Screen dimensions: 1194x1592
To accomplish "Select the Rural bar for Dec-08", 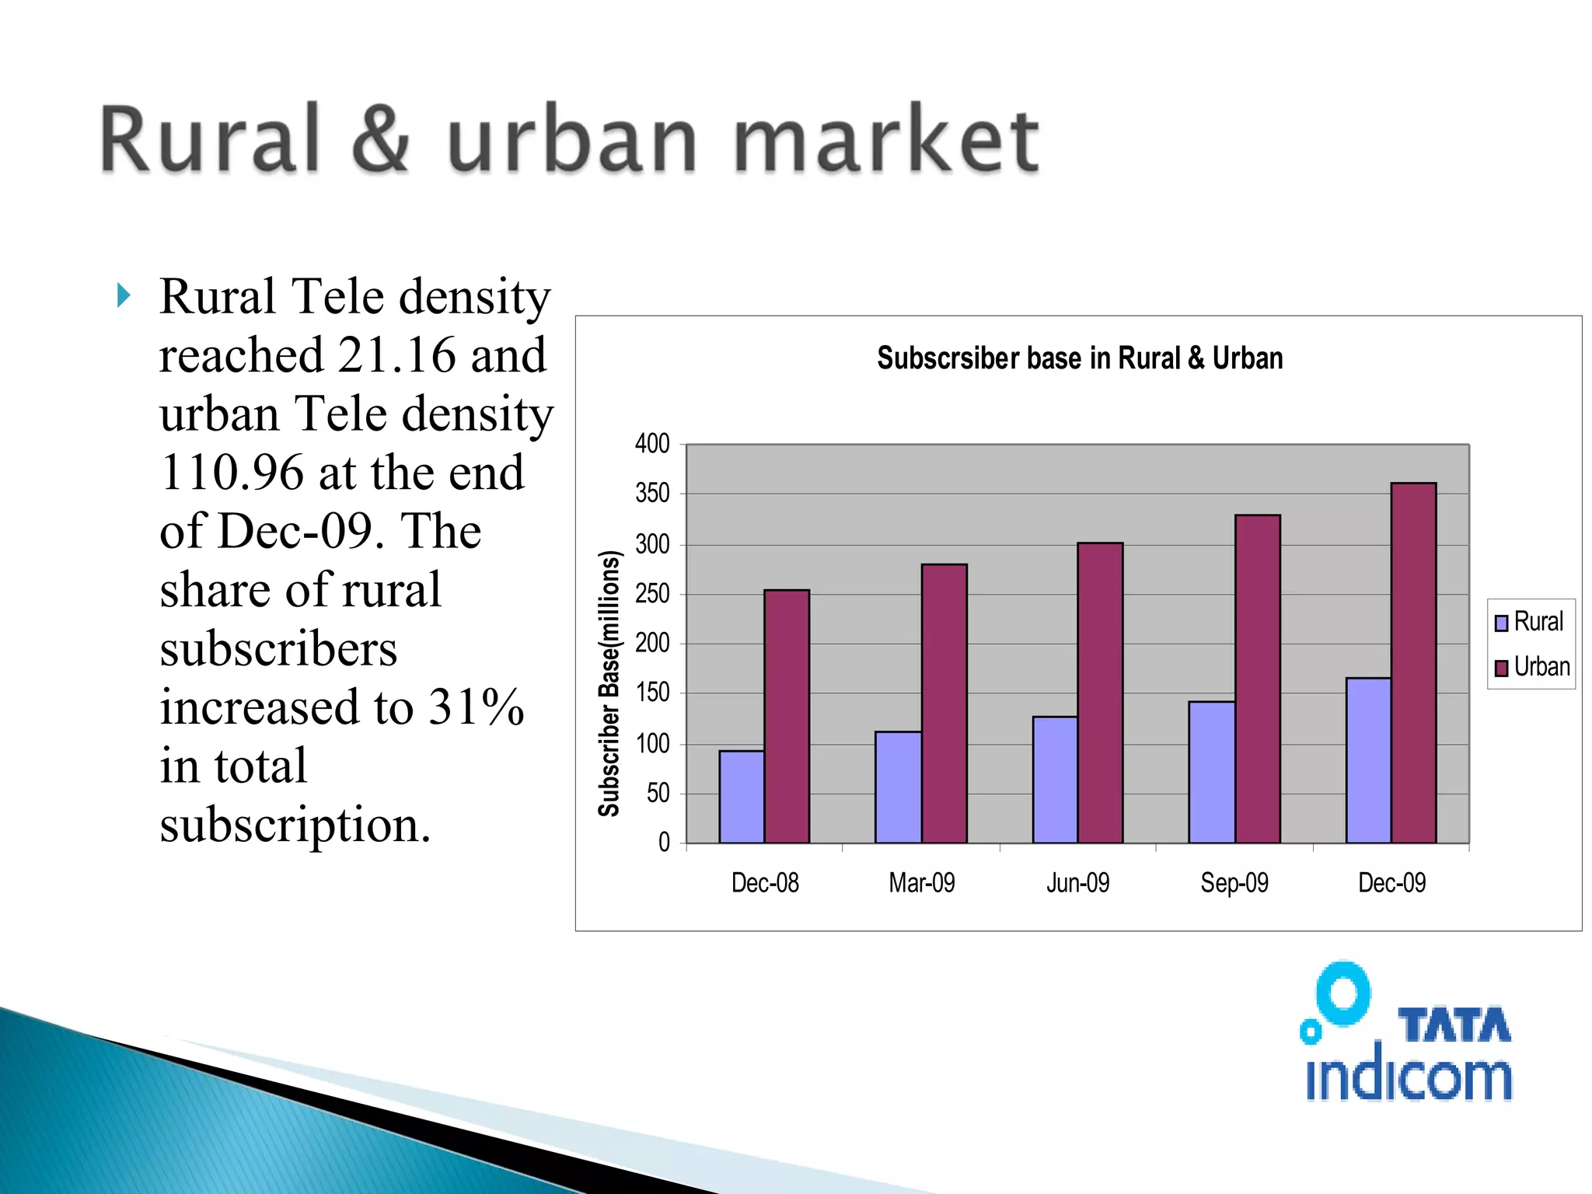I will (x=742, y=796).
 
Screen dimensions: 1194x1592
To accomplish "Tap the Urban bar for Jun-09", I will (x=1100, y=692).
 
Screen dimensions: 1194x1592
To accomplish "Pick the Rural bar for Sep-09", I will (x=1211, y=771).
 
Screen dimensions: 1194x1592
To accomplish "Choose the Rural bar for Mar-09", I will (x=898, y=787).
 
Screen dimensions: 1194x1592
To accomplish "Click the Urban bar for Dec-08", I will (x=787, y=715).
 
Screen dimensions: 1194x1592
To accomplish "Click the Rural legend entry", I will (x=1529, y=622).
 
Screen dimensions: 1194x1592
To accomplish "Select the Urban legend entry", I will (x=1532, y=667).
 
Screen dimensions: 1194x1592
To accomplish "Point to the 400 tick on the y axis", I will (x=652, y=444).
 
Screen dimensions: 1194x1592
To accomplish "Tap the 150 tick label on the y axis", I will (x=652, y=693).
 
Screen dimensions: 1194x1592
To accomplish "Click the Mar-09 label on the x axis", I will (x=922, y=883).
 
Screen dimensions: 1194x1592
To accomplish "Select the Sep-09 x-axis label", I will (x=1234, y=883).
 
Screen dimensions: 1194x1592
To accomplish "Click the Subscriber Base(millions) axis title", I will (x=609, y=683).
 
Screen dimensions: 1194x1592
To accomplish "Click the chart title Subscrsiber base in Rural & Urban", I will (x=1080, y=358).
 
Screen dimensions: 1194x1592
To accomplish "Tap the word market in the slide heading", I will (x=885, y=140).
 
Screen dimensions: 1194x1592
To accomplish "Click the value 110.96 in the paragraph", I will (x=232, y=473).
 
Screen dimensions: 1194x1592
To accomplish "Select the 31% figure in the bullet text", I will (x=477, y=707).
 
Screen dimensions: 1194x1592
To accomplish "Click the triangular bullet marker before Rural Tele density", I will (x=124, y=295).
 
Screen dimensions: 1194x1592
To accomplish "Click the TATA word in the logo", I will (x=1454, y=1025).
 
